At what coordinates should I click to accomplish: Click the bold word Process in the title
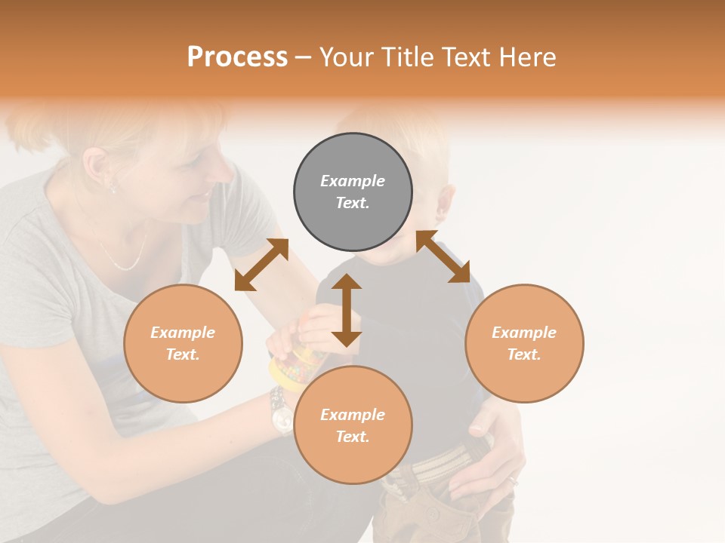[237, 57]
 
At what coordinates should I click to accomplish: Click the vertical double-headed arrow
[347, 310]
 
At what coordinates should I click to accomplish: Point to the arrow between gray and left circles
[261, 264]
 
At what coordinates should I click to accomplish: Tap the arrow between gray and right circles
[443, 256]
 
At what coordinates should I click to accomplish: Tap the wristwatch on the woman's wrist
[280, 413]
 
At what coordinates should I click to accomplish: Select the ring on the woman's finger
[513, 480]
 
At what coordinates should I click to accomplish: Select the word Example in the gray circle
[353, 181]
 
